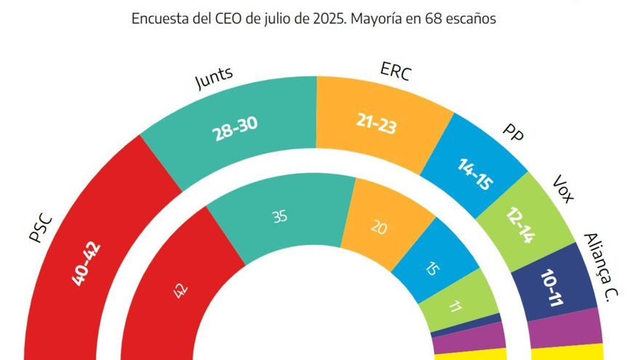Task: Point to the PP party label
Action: (x=513, y=135)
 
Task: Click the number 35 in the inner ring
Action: (x=279, y=217)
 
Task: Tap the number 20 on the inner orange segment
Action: (x=378, y=227)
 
